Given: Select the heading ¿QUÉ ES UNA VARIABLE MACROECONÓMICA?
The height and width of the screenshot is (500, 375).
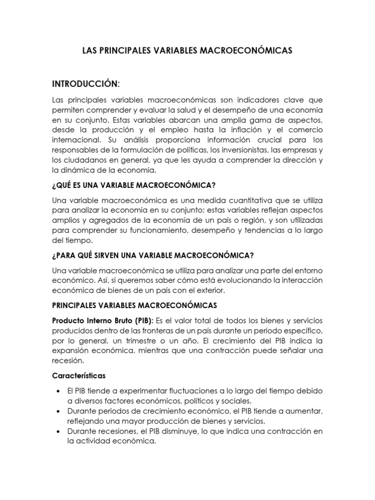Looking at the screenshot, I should [134, 186].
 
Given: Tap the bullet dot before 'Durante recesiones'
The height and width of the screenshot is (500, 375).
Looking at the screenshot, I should [58, 431].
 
